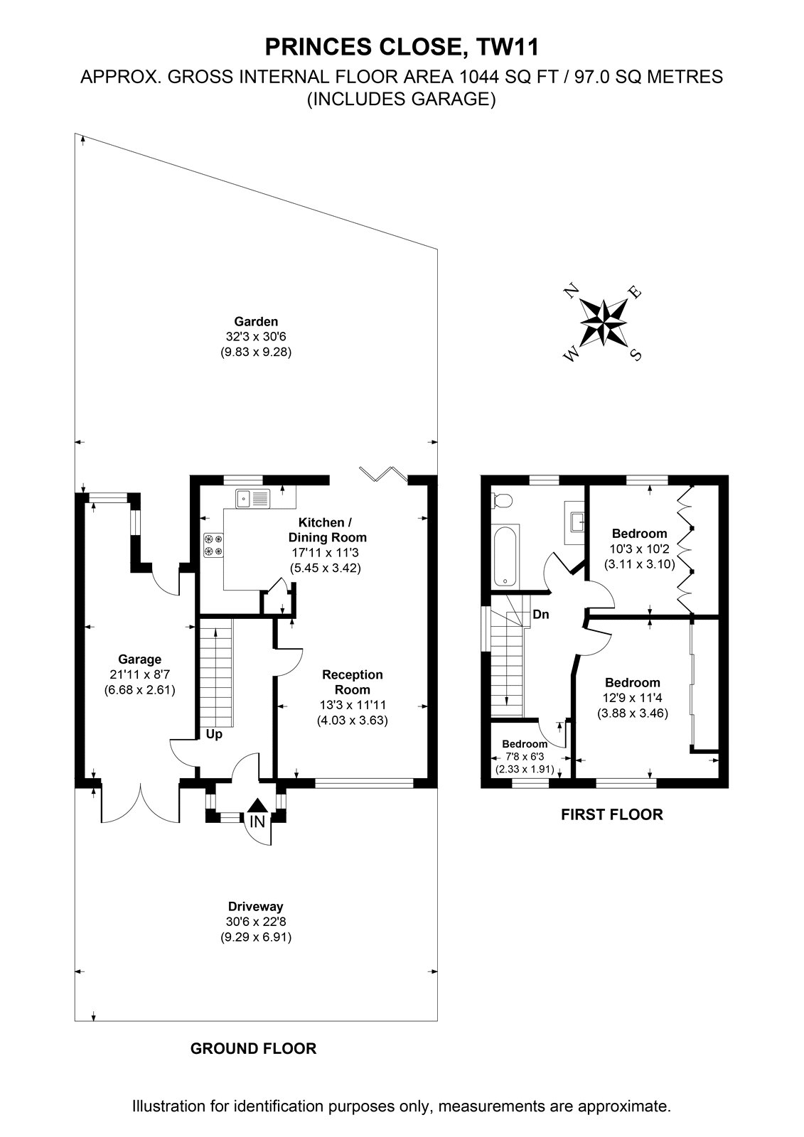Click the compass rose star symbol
click(x=604, y=322)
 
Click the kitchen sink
click(x=252, y=498)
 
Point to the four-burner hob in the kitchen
click(x=213, y=545)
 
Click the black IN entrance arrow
click(x=258, y=806)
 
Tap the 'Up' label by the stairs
click(x=214, y=734)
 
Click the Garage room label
click(x=139, y=659)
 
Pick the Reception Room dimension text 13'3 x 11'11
click(x=353, y=704)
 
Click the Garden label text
click(x=256, y=321)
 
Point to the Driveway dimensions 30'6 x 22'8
click(x=256, y=921)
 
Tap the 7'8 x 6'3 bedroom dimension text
click(x=525, y=756)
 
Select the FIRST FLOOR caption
click(x=612, y=814)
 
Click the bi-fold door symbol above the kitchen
click(x=383, y=473)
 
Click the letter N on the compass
click(x=572, y=291)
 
